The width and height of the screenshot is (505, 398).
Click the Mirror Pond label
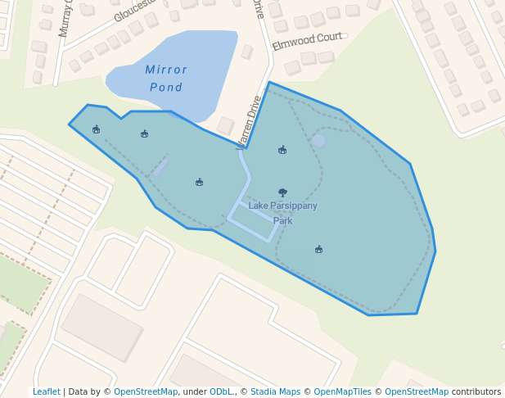tap(166, 79)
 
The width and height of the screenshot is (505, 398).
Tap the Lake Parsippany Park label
tap(282, 213)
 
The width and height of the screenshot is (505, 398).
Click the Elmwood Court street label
tap(307, 42)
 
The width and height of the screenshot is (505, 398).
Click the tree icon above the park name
tap(282, 193)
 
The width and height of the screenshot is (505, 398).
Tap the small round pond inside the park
tap(318, 141)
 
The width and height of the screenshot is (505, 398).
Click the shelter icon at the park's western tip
tap(96, 129)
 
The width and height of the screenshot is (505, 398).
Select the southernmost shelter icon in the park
tap(318, 249)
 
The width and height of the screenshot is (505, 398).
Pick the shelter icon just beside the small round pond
tap(282, 150)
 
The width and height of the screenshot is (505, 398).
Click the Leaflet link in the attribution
tap(46, 391)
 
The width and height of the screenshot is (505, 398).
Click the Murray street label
tap(65, 18)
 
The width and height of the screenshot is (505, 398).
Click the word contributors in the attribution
tap(476, 391)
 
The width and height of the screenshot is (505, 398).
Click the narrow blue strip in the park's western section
tap(160, 168)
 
